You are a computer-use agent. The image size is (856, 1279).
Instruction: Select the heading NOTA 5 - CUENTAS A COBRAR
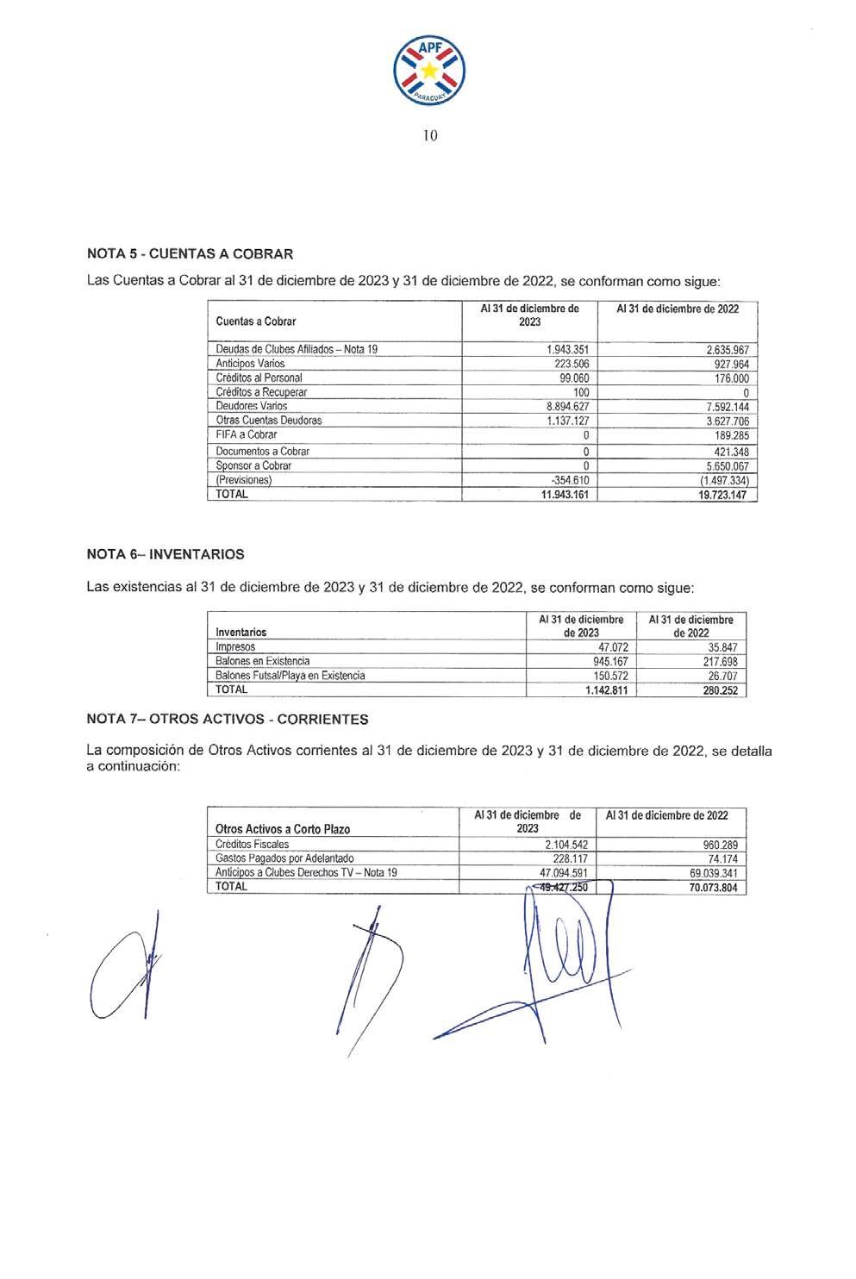(190, 254)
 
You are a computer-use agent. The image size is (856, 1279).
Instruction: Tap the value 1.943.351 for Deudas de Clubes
(567, 350)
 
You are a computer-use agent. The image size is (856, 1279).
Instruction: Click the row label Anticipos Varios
(250, 364)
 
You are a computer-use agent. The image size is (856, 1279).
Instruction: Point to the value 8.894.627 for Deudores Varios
(567, 406)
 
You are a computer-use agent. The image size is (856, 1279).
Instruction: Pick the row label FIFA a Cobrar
(247, 435)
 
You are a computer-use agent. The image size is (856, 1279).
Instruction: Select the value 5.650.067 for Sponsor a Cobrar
(726, 466)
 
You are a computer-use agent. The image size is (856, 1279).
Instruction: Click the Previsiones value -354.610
(569, 480)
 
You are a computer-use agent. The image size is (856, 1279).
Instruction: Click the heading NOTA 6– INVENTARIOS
(166, 554)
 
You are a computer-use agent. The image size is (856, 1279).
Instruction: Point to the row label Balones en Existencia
(262, 661)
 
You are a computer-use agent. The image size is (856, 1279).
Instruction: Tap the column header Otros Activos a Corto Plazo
(283, 829)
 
